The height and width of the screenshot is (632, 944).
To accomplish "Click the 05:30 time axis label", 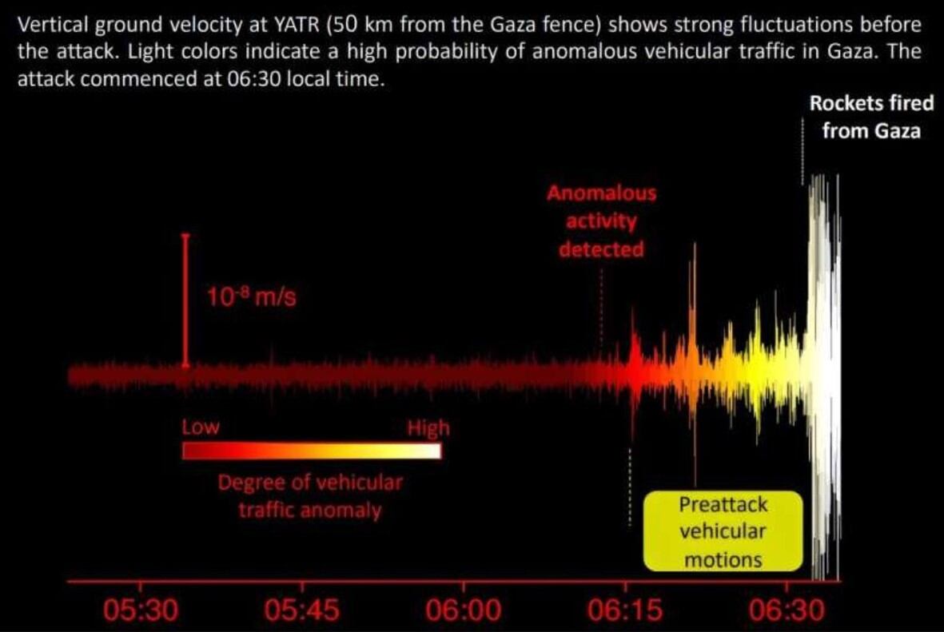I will pyautogui.click(x=141, y=611).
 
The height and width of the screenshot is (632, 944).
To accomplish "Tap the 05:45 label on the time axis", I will pyautogui.click(x=301, y=611).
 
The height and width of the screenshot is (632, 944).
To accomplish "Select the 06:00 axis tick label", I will pyautogui.click(x=464, y=611).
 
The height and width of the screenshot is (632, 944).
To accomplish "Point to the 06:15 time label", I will pyautogui.click(x=625, y=611).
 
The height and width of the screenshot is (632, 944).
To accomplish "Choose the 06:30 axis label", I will pyautogui.click(x=787, y=611).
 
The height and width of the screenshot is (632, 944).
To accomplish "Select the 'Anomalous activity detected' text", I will pyautogui.click(x=601, y=221).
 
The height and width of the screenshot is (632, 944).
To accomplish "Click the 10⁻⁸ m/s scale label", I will pyautogui.click(x=252, y=300).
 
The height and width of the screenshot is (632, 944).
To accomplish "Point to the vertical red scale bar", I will pyautogui.click(x=185, y=300).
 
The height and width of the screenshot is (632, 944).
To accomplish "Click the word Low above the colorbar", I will pyautogui.click(x=200, y=427).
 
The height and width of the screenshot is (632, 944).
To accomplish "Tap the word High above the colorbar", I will pyautogui.click(x=428, y=428).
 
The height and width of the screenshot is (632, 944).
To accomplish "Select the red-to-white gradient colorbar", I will pyautogui.click(x=312, y=451).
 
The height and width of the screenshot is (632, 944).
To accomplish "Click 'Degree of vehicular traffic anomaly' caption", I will pyautogui.click(x=310, y=496).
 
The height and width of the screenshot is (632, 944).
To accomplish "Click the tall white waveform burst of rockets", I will pyautogui.click(x=823, y=376).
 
